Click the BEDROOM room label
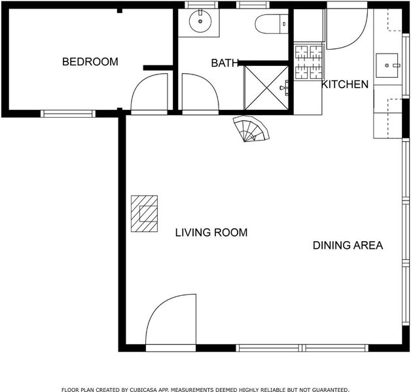click(x=90, y=62)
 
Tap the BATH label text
click(x=224, y=63)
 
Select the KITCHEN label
click(x=345, y=84)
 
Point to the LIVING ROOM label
click(x=211, y=233)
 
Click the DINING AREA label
click(x=348, y=245)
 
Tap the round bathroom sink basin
click(x=200, y=22)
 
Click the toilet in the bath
click(x=272, y=24)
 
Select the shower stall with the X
click(x=266, y=88)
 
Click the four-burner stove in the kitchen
click(x=309, y=62)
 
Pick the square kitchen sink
click(x=387, y=65)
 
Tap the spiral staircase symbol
click(x=251, y=129)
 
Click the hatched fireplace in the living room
click(x=145, y=214)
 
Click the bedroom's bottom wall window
click(x=68, y=114)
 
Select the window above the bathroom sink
click(x=202, y=5)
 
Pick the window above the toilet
click(x=253, y=5)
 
